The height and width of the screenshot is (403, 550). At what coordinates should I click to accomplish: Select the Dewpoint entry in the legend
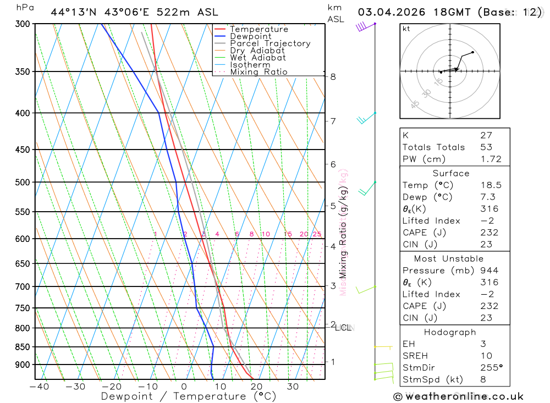point(251,36)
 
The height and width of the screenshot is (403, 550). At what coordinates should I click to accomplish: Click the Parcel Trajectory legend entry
point(270,43)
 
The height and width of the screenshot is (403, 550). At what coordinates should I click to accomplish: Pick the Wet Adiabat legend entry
point(258,58)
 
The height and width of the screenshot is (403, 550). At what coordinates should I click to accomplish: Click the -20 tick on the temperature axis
point(112,387)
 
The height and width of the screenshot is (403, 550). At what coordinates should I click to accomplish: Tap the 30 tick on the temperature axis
point(293,387)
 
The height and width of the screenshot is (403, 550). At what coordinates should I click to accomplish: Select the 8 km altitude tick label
point(333,77)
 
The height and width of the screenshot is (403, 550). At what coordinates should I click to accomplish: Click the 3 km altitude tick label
point(333,286)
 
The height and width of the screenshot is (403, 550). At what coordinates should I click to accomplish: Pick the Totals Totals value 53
point(486,147)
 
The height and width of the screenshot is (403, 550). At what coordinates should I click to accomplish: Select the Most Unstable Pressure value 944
point(490,270)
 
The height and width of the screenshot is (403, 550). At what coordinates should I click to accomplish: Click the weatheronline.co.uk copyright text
point(459,396)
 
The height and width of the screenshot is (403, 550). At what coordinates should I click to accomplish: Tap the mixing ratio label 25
point(317,234)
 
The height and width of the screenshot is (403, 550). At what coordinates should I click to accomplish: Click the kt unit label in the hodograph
point(406,29)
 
